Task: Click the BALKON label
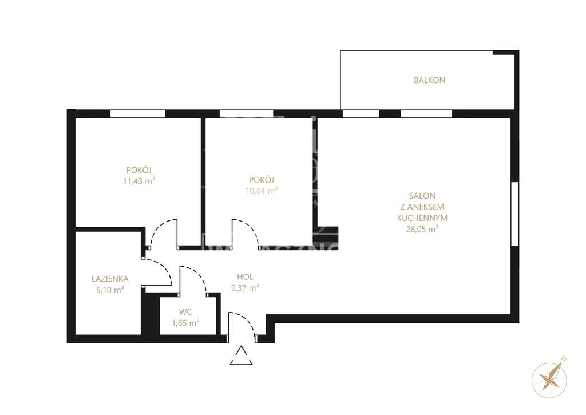coord(429,81)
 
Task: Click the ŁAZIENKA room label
coord(110,279)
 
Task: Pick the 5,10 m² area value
coord(110,290)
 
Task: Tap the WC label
coord(185,312)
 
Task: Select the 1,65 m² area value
coord(185,323)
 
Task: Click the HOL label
coord(245,277)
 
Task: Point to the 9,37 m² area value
coord(245,288)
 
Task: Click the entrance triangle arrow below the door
coord(241,356)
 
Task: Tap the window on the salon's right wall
coord(514,214)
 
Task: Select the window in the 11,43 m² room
coord(137,114)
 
